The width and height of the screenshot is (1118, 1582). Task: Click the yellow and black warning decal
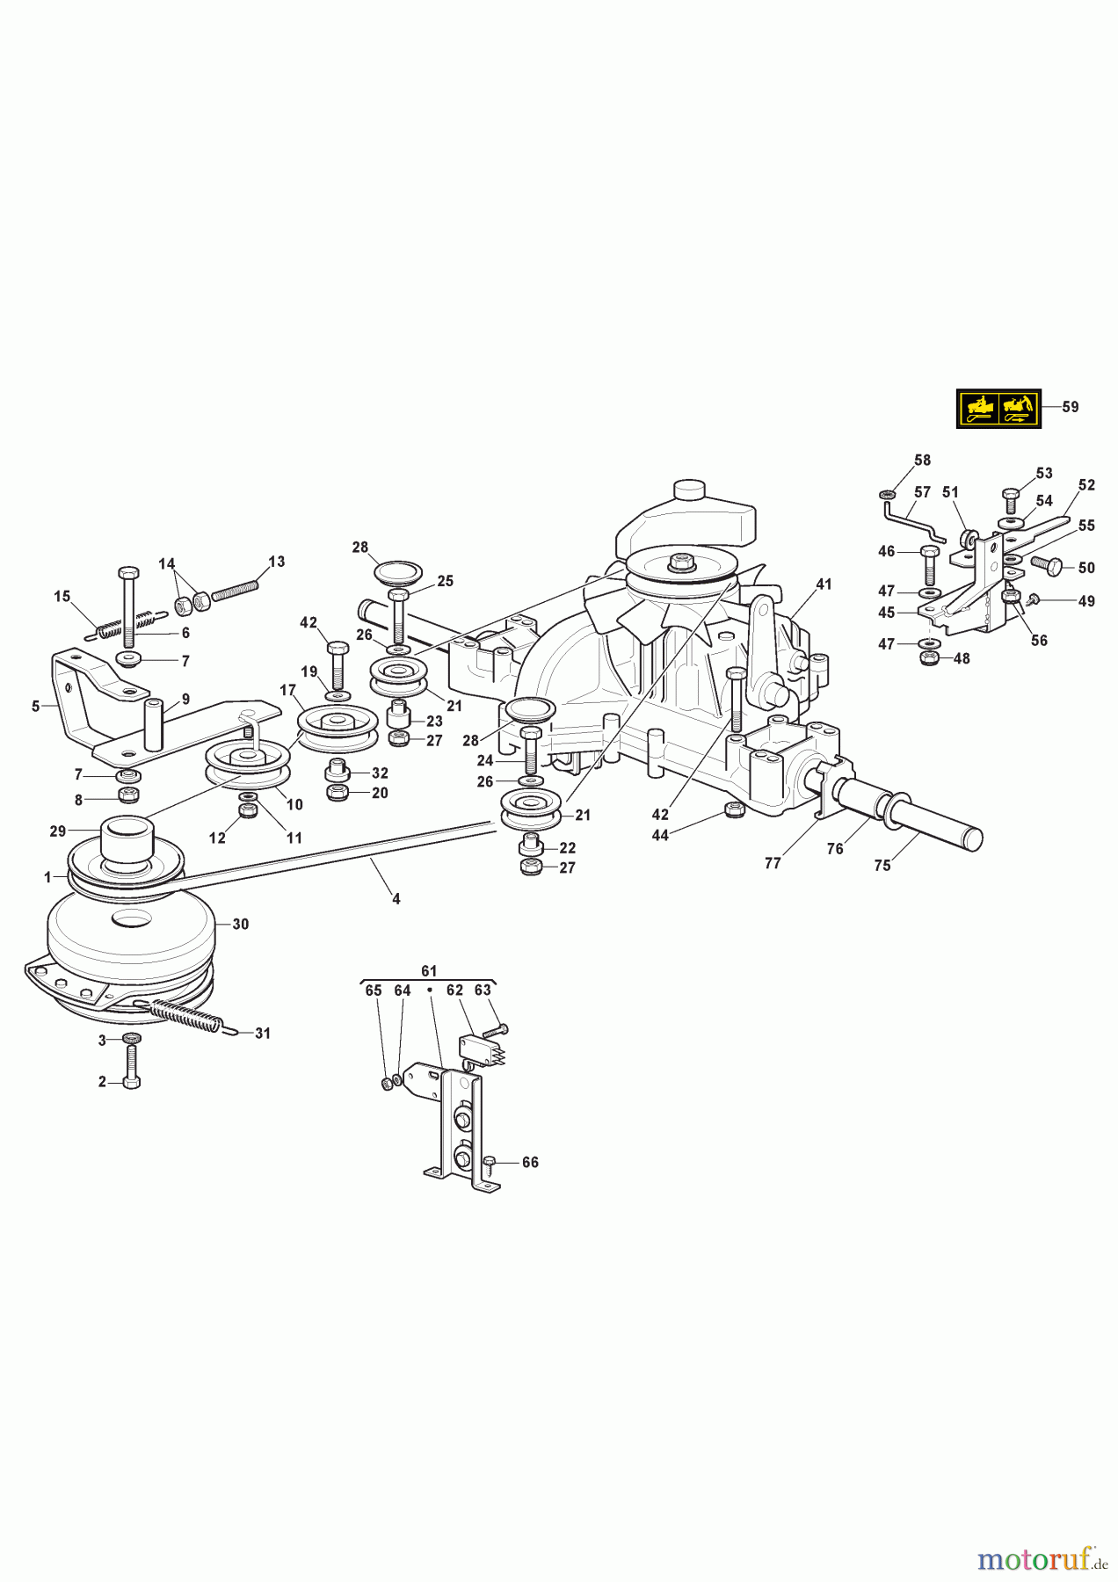point(998,409)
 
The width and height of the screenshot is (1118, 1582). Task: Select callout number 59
point(1070,407)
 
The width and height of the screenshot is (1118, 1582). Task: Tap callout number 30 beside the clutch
point(240,924)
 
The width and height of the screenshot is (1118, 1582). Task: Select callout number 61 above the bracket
point(428,971)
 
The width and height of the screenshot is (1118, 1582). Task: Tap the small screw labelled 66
point(490,1163)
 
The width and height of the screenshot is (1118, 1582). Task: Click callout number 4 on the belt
point(396,898)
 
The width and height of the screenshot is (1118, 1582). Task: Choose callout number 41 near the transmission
point(824,584)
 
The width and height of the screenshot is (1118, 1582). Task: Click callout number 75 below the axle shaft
point(882,865)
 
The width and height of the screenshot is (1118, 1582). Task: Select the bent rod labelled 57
point(914,519)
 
